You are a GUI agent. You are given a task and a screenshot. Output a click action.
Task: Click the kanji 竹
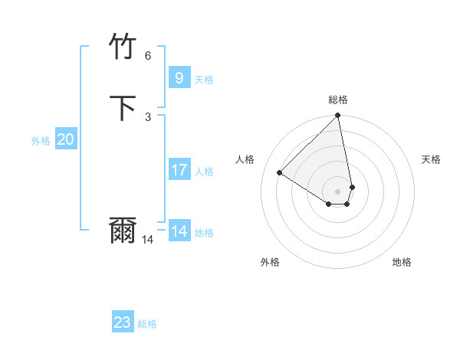[123, 47]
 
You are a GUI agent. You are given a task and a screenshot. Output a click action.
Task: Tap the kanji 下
[123, 107]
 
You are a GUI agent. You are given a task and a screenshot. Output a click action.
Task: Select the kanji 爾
[123, 231]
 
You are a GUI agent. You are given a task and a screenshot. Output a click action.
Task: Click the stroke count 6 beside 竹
[148, 56]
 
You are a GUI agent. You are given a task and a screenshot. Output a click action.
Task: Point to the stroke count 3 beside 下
[148, 116]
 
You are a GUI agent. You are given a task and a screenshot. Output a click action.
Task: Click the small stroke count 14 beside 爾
[148, 240]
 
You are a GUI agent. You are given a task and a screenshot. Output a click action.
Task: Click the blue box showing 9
[179, 77]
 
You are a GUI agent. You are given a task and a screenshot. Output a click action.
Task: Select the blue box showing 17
[179, 169]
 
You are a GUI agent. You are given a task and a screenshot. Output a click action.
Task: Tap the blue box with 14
[179, 231]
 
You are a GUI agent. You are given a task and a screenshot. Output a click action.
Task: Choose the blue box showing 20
[65, 139]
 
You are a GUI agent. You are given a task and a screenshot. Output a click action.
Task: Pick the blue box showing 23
[123, 322]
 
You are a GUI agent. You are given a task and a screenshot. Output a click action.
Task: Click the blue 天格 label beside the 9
[204, 80]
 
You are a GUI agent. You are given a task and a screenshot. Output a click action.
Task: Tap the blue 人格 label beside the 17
[205, 172]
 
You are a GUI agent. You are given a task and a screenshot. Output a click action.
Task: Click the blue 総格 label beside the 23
[147, 325]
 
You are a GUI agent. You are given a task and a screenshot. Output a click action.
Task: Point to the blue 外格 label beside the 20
[41, 142]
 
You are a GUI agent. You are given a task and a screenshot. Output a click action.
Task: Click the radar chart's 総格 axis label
[338, 100]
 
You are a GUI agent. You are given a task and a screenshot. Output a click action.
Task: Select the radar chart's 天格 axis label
[432, 159]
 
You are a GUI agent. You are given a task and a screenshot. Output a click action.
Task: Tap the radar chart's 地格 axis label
[402, 262]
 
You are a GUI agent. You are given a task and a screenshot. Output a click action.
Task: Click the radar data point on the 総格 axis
[337, 116]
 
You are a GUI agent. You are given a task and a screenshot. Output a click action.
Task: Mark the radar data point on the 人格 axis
[280, 173]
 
